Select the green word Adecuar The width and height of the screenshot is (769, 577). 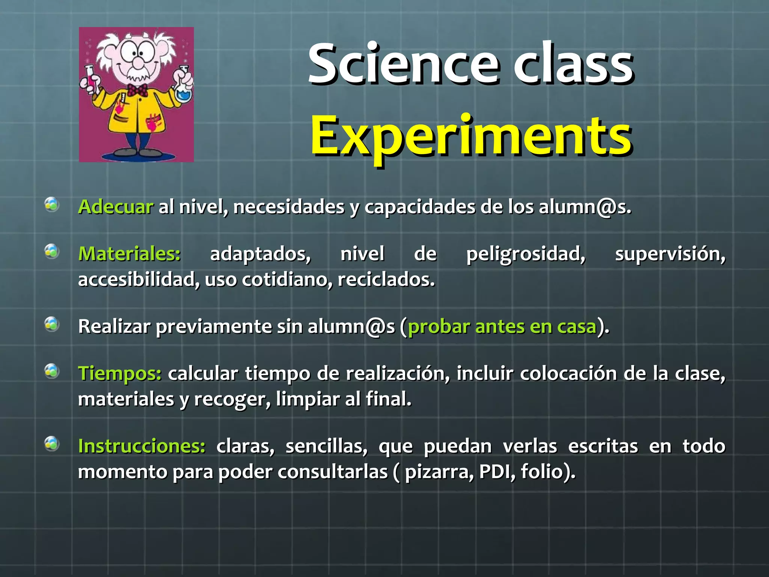point(116,207)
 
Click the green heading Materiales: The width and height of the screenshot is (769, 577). point(130,254)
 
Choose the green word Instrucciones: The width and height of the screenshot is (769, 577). point(142,446)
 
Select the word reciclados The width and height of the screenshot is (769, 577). point(386,279)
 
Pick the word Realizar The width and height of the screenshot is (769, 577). point(114,326)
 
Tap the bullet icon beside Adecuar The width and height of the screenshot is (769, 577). point(52,205)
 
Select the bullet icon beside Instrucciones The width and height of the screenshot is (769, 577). point(52,444)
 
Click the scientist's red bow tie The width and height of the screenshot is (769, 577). point(137,90)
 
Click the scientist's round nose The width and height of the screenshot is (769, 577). point(138,63)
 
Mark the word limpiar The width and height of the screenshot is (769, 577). point(308,399)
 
